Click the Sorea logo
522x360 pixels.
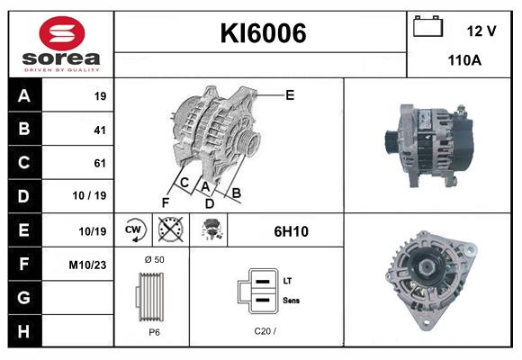[59, 44]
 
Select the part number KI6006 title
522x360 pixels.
[263, 34]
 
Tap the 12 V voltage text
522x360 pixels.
[481, 31]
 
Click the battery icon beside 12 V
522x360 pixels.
[427, 27]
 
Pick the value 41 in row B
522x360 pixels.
[99, 130]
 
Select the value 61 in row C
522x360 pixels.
[99, 163]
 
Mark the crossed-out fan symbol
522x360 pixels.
[169, 230]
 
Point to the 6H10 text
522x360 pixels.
[292, 231]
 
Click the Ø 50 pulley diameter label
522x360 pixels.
[154, 259]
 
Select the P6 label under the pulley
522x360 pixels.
[154, 331]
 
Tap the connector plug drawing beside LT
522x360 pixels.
[259, 292]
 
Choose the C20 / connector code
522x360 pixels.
[263, 331]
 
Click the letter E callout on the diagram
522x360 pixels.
[290, 94]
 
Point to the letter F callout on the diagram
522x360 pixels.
[166, 201]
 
